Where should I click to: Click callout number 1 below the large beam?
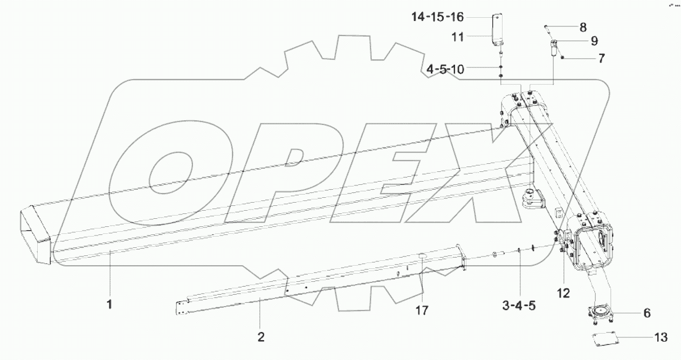click(x=109, y=304)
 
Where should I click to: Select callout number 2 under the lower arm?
click(x=261, y=337)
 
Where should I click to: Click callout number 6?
click(x=646, y=313)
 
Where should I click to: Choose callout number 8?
click(x=583, y=26)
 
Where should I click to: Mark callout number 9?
click(x=594, y=40)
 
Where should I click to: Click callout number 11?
click(x=458, y=37)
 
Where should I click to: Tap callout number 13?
click(x=660, y=338)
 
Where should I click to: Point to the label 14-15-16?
click(x=437, y=17)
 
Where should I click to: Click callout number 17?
click(x=422, y=311)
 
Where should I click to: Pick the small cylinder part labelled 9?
click(x=553, y=50)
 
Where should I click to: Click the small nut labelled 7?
click(x=563, y=57)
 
